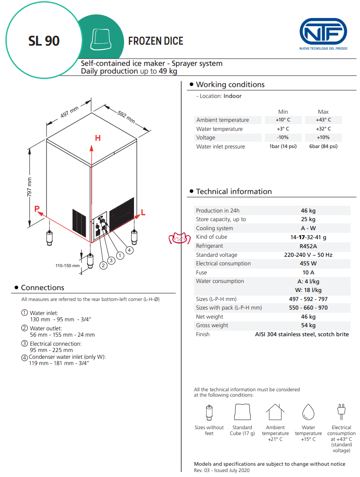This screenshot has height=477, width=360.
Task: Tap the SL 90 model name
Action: coord(44,41)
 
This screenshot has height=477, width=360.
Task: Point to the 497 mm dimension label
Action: coord(69,111)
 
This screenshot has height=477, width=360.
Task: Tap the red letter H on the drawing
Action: coord(97,138)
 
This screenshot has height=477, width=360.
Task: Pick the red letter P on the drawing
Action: coord(37,208)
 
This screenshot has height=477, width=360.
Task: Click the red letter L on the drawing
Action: coord(143,212)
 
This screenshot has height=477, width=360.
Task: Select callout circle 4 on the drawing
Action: coord(129,250)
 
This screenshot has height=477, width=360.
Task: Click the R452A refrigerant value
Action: coord(308,246)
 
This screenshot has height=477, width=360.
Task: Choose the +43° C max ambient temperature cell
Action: coord(323,120)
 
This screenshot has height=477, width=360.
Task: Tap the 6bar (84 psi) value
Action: coord(323,147)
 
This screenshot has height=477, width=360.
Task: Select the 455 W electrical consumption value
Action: coord(308,264)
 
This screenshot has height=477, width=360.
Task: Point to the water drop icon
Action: coord(309,412)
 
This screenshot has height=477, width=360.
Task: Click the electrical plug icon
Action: coord(341,411)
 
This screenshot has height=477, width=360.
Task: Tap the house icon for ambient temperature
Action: coord(275,412)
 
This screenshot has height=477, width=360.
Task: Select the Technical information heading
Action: coord(234,192)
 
